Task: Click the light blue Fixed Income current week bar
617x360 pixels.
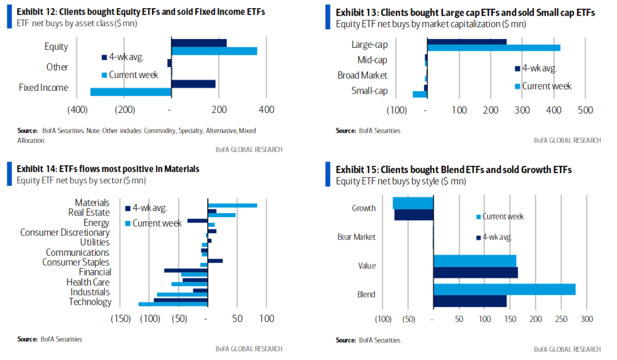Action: [x=130, y=92]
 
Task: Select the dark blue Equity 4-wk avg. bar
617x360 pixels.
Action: [x=198, y=43]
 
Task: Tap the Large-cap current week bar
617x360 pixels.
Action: [x=494, y=48]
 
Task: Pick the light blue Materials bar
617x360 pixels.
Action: [x=233, y=205]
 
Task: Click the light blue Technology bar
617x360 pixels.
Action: [x=173, y=304]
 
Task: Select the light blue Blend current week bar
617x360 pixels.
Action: [x=505, y=290]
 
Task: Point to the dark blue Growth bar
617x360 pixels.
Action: [x=414, y=215]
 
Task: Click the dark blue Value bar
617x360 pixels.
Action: [x=476, y=273]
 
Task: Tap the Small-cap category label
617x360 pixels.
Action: [x=370, y=91]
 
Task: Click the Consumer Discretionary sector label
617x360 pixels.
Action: [x=65, y=232]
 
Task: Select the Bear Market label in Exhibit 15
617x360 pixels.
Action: [x=356, y=237]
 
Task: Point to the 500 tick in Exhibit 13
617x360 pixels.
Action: [x=585, y=110]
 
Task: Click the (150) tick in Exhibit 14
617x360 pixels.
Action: [x=120, y=319]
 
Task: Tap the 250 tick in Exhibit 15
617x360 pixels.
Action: [x=561, y=319]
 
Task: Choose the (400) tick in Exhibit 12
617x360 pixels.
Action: [x=77, y=110]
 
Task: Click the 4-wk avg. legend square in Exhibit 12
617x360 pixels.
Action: [x=104, y=58]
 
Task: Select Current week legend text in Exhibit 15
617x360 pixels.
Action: [x=503, y=217]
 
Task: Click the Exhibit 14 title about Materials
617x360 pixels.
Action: [x=108, y=169]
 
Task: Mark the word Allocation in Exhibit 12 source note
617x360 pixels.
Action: [x=31, y=140]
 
